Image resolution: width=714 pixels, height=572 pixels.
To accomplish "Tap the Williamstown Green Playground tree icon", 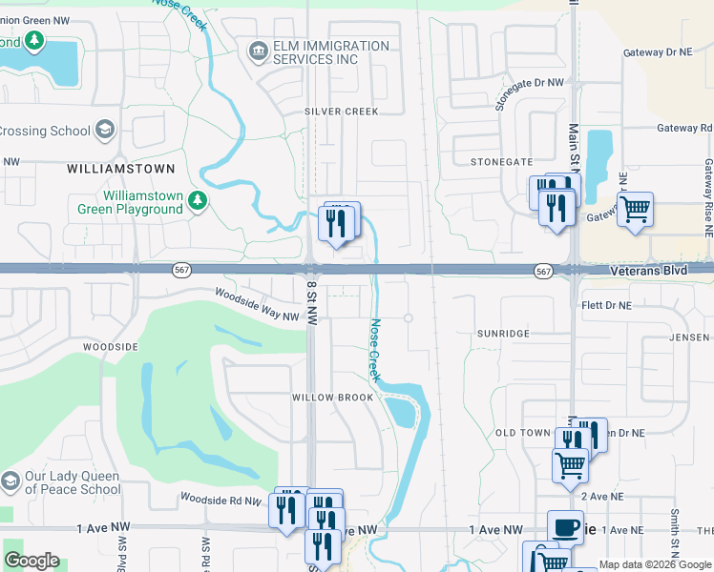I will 197,200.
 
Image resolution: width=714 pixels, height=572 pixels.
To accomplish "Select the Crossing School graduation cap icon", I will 104,131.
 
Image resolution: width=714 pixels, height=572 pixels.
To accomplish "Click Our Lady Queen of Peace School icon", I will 10,482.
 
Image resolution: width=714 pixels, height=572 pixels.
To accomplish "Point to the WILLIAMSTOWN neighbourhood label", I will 121,169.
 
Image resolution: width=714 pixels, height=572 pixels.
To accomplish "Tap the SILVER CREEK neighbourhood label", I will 342,112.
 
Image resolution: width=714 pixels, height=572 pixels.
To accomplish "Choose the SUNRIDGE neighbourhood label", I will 503,335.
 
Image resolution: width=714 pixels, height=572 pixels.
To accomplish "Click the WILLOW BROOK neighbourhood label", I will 332,397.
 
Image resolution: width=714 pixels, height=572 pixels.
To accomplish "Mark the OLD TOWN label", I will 523,433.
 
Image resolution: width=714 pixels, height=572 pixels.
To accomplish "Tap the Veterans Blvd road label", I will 647,272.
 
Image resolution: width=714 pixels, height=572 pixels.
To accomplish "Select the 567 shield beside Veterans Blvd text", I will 543,272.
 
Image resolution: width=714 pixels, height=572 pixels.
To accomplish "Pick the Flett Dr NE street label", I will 606,305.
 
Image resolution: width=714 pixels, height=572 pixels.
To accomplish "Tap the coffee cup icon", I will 565,527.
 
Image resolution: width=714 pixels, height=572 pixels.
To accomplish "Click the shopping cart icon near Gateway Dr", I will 635,209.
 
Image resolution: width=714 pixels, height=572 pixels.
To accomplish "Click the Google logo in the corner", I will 31,561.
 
